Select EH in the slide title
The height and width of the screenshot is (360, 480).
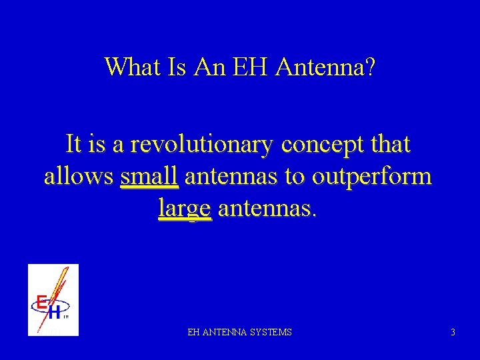249,67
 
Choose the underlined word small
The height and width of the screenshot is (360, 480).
149,177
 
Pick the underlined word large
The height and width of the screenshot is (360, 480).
185,209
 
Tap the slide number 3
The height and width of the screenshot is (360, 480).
453,331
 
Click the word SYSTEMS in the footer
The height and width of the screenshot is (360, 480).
271,331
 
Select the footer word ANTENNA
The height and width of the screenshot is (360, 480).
224,331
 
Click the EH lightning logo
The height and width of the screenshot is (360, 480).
53,299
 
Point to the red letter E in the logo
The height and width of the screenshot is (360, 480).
41,303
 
